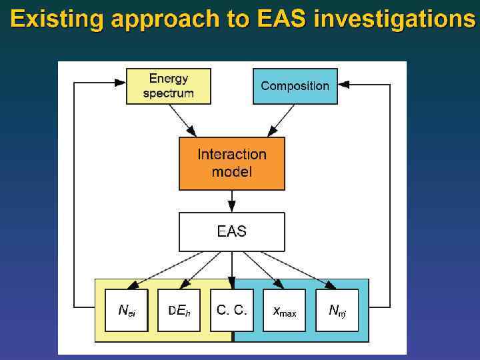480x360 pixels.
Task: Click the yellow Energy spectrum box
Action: [168, 86]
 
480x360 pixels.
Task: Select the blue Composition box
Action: [295, 86]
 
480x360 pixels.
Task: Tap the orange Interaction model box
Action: [231, 163]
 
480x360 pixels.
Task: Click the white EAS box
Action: [231, 231]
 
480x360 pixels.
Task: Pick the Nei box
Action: [126, 310]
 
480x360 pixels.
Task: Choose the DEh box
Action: [179, 310]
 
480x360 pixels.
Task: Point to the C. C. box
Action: [231, 310]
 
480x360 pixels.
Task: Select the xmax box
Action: [284, 310]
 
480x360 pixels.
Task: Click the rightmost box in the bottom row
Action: [337, 310]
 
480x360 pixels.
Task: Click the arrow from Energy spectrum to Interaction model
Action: [182, 121]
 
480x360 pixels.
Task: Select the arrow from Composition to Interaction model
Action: [281, 121]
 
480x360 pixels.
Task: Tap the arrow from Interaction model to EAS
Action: [231, 201]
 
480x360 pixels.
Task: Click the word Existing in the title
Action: [56, 20]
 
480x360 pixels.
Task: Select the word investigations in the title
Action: [395, 20]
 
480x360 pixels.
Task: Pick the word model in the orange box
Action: [231, 172]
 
